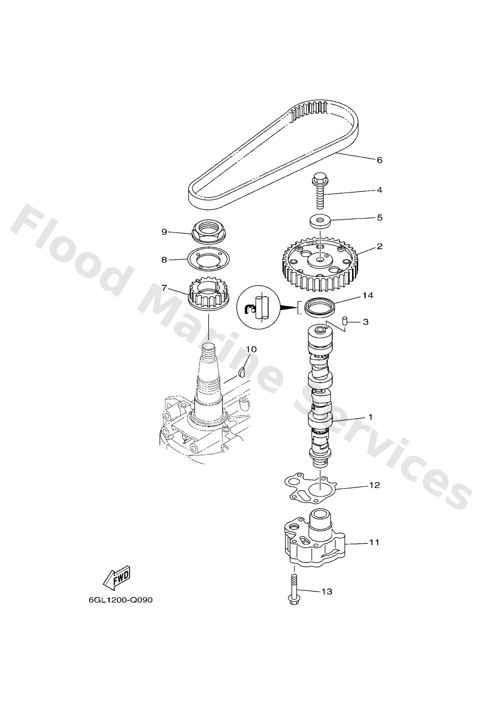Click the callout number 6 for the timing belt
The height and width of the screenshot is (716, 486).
click(380, 160)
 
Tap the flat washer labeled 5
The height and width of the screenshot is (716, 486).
click(320, 221)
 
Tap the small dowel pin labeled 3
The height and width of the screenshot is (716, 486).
click(345, 321)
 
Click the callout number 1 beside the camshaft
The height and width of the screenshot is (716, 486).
click(370, 417)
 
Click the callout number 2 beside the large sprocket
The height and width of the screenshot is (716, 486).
click(380, 246)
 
